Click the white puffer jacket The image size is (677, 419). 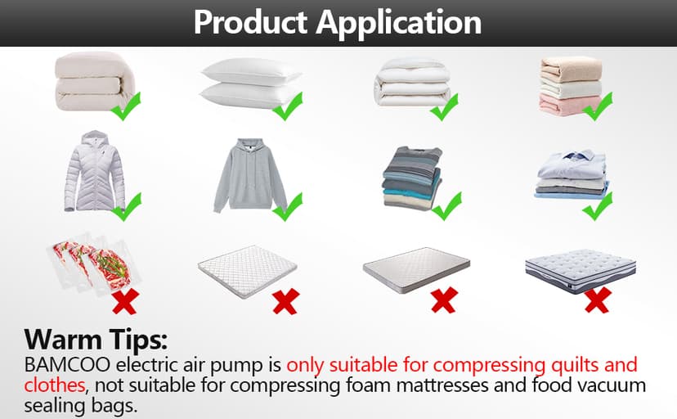pyautogui.click(x=96, y=171)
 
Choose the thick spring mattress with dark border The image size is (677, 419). pyautogui.click(x=579, y=268)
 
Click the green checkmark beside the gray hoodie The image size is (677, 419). pyautogui.click(x=288, y=207)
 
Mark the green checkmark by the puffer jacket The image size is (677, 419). pyautogui.click(x=127, y=206)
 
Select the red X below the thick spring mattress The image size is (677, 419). pyautogui.click(x=597, y=300)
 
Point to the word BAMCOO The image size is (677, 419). pyautogui.click(x=62, y=365)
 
